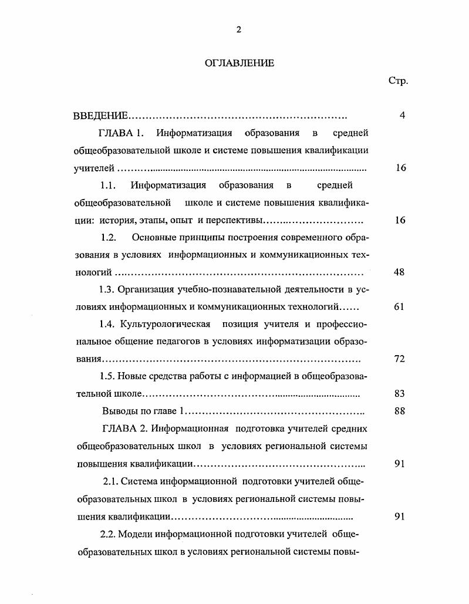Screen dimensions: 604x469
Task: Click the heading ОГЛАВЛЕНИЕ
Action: pos(239,63)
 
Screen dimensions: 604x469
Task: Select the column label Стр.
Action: pos(398,80)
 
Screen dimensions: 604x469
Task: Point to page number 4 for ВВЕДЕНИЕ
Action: pos(402,116)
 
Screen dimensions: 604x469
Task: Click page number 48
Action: pos(399,272)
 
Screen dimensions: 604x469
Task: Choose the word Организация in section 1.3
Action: pos(146,289)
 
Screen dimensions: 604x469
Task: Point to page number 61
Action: pos(399,307)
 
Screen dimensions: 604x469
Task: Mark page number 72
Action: pos(399,359)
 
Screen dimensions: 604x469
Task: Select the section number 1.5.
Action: pos(109,376)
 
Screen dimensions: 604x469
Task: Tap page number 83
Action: pos(399,394)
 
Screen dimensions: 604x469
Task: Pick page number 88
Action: pos(399,411)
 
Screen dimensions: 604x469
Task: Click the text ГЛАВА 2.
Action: pos(122,428)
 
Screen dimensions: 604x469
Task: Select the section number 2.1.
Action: pos(111,482)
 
